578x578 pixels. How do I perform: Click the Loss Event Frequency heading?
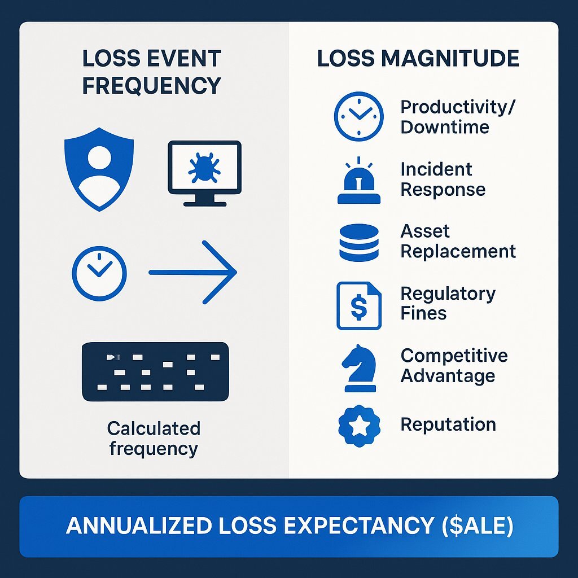(151, 72)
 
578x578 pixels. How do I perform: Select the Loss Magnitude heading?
(418, 58)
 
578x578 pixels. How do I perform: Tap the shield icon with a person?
(99, 169)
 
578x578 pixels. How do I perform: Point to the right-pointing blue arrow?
(193, 273)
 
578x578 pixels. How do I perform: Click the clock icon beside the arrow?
(99, 274)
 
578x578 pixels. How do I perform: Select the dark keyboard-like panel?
(155, 371)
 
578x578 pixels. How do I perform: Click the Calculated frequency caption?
(154, 439)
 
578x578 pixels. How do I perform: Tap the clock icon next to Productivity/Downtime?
(358, 116)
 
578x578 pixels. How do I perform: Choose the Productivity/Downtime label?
(457, 117)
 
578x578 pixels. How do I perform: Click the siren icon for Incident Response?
(358, 181)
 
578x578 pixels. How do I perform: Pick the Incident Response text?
(443, 179)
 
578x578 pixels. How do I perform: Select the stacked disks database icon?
(358, 243)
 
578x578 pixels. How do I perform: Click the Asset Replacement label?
(458, 242)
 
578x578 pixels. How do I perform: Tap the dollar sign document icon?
(358, 305)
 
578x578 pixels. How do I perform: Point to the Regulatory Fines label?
(448, 303)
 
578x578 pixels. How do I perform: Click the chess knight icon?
(360, 368)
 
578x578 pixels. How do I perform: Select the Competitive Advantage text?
(454, 366)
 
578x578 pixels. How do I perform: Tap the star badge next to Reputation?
(359, 426)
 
